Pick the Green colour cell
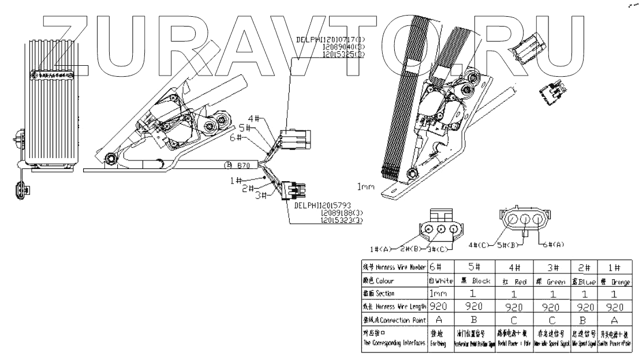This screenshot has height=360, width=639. [552, 282]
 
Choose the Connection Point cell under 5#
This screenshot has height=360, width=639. [473, 318]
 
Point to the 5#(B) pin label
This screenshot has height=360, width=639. [509, 245]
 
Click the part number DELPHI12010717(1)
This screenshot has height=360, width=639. [330, 39]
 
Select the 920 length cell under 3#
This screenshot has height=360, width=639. [552, 306]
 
